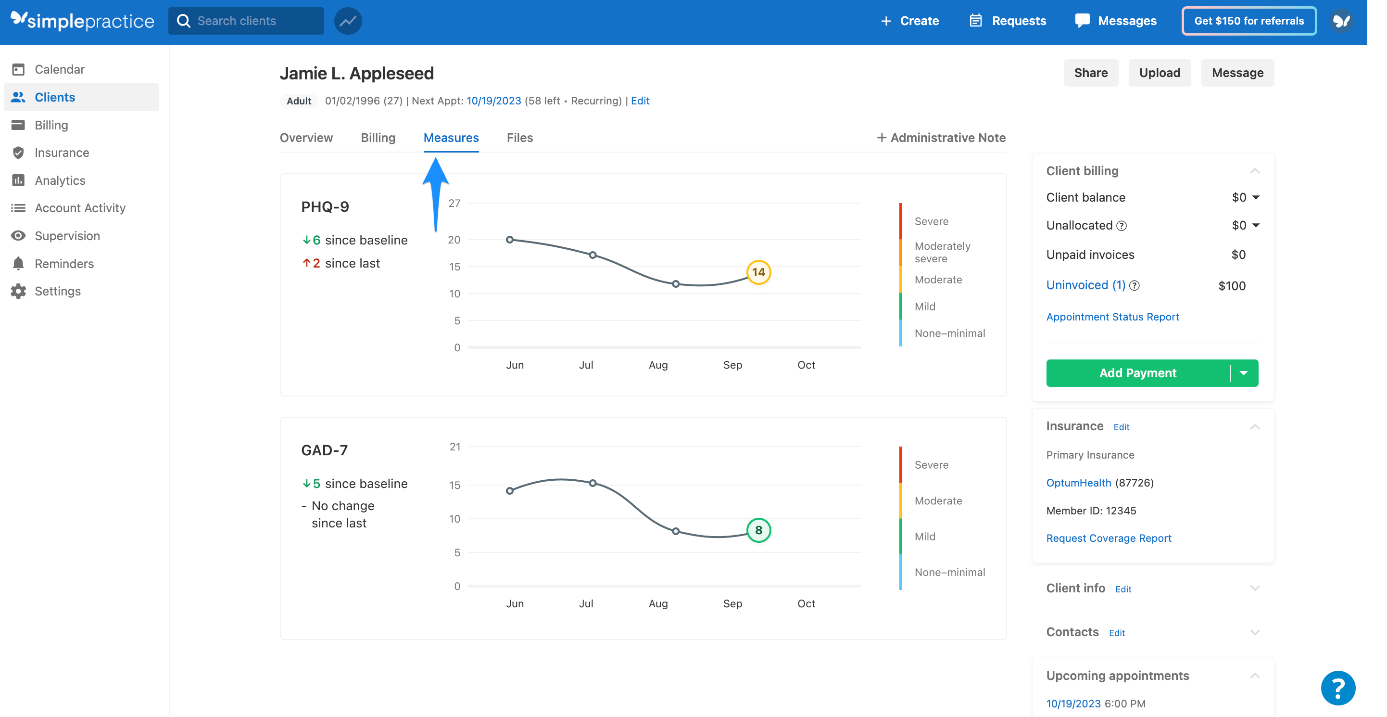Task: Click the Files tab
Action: click(x=519, y=138)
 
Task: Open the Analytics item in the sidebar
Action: click(x=60, y=180)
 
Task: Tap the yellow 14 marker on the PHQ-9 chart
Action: click(x=758, y=272)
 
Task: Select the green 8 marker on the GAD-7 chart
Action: click(x=758, y=530)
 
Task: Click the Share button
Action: click(x=1090, y=73)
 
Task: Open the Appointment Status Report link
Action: click(x=1112, y=317)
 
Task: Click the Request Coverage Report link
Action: click(x=1108, y=538)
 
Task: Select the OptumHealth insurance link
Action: click(x=1078, y=483)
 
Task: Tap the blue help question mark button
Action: click(x=1337, y=688)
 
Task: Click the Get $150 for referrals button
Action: click(x=1248, y=21)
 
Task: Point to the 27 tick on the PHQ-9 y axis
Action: click(x=454, y=203)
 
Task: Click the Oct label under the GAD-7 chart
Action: click(x=806, y=603)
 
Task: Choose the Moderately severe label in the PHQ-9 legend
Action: click(x=942, y=252)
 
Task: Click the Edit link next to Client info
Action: click(x=1122, y=589)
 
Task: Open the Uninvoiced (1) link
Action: click(x=1085, y=285)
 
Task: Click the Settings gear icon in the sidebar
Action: click(x=18, y=292)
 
